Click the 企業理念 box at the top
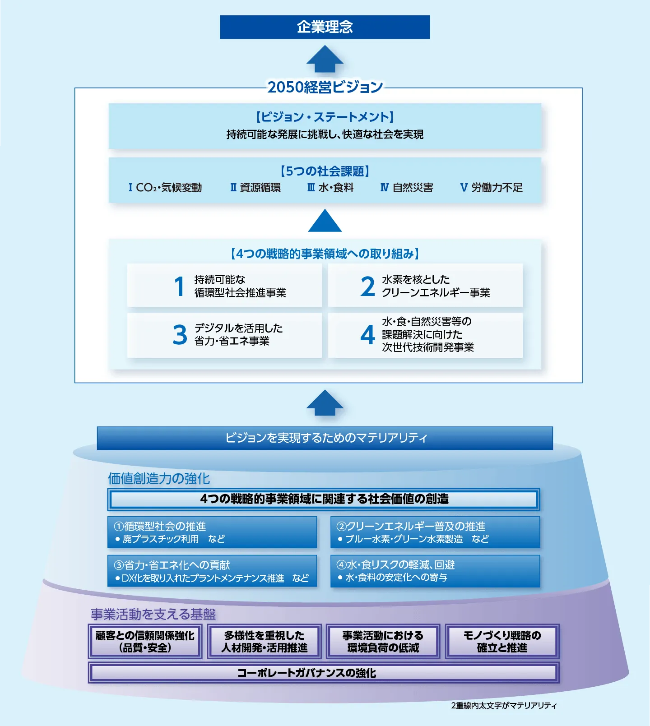pyautogui.click(x=325, y=27)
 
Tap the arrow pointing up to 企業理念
pyautogui.click(x=325, y=60)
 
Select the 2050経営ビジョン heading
pyautogui.click(x=325, y=87)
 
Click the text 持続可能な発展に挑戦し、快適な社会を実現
pyautogui.click(x=325, y=134)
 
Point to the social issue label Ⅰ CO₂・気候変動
pyautogui.click(x=165, y=188)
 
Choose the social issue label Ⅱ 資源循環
pyautogui.click(x=255, y=188)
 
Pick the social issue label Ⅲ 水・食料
pyautogui.click(x=330, y=188)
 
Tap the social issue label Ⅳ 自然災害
pyautogui.click(x=407, y=188)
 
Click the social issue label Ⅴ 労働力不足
pyautogui.click(x=491, y=188)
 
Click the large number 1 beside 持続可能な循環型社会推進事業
pyautogui.click(x=180, y=287)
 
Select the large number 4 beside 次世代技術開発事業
pyautogui.click(x=367, y=335)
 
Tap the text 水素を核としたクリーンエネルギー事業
pyautogui.click(x=436, y=286)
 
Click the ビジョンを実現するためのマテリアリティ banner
pyautogui.click(x=325, y=438)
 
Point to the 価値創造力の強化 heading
pyautogui.click(x=159, y=478)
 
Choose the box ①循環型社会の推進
pyautogui.click(x=212, y=532)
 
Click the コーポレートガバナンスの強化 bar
pyautogui.click(x=323, y=673)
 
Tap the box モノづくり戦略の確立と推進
pyautogui.click(x=502, y=642)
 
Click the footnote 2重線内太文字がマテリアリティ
pyautogui.click(x=504, y=706)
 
